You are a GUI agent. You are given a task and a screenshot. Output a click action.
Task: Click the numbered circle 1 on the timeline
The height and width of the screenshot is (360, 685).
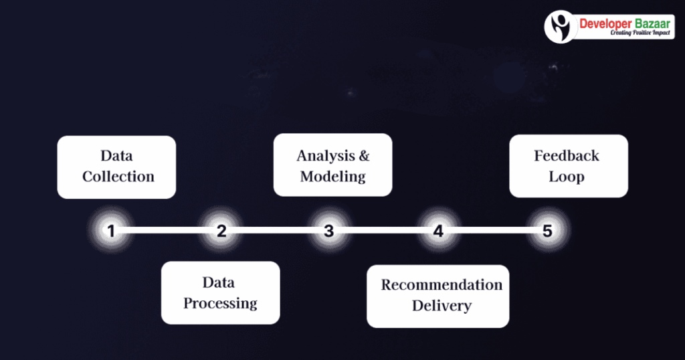pos(111,232)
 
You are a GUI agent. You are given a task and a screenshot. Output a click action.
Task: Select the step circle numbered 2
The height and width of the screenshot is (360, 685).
pos(221,232)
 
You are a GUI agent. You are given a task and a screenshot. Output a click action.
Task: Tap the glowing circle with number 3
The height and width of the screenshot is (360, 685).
pos(328,232)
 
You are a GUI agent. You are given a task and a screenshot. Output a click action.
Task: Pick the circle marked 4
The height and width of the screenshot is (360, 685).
pos(437,232)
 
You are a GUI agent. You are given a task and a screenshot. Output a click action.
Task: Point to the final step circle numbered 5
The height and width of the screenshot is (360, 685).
pos(547,232)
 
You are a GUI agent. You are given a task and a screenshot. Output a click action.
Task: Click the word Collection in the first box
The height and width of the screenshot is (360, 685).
pos(118,177)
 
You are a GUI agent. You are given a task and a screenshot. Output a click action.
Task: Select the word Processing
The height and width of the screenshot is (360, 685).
pos(220,303)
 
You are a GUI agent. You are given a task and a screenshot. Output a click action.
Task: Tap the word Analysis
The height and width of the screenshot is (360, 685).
pos(324,156)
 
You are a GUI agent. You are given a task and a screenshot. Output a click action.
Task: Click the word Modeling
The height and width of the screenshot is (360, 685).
pos(332,177)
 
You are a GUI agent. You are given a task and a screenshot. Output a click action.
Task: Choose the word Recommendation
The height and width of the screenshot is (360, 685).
pos(442,285)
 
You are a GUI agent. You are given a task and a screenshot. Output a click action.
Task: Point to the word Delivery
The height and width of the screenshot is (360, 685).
pos(442,306)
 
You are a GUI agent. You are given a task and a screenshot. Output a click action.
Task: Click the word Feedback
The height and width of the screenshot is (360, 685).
pos(566,156)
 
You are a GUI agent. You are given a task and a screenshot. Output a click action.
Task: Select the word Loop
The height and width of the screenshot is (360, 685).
pos(566,177)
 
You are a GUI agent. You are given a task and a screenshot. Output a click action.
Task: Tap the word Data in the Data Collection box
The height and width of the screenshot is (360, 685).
pos(116,156)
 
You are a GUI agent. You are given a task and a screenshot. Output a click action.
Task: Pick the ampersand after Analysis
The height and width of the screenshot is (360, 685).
pos(363,156)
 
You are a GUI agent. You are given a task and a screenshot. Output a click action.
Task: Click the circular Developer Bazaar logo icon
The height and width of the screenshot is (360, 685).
pos(561,26)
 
